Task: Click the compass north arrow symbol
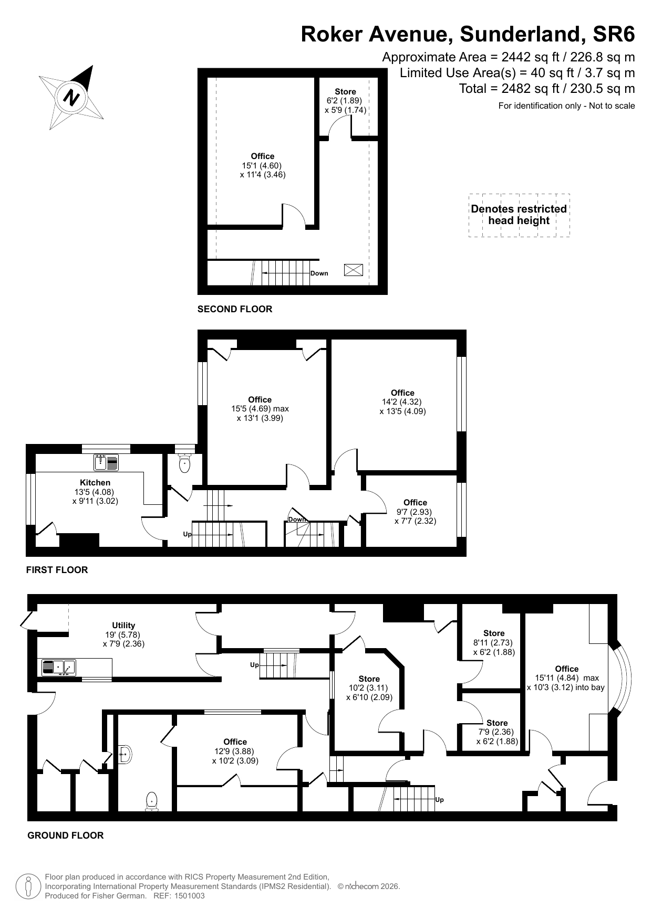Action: pos(71,98)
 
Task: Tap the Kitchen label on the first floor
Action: pos(95,483)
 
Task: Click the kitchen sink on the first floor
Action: pos(106,462)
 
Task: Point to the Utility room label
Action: pos(123,626)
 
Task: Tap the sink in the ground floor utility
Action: pos(59,668)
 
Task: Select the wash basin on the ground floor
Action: pos(125,755)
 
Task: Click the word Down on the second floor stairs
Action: pos(319,273)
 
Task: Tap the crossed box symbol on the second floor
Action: pos(354,270)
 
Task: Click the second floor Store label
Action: pos(345,92)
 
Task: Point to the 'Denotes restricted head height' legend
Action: pos(519,215)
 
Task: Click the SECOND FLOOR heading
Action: pos(235,309)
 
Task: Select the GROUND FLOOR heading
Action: pos(66,835)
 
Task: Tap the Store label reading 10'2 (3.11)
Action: pos(369,689)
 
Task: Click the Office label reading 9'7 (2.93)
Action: pos(415,512)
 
